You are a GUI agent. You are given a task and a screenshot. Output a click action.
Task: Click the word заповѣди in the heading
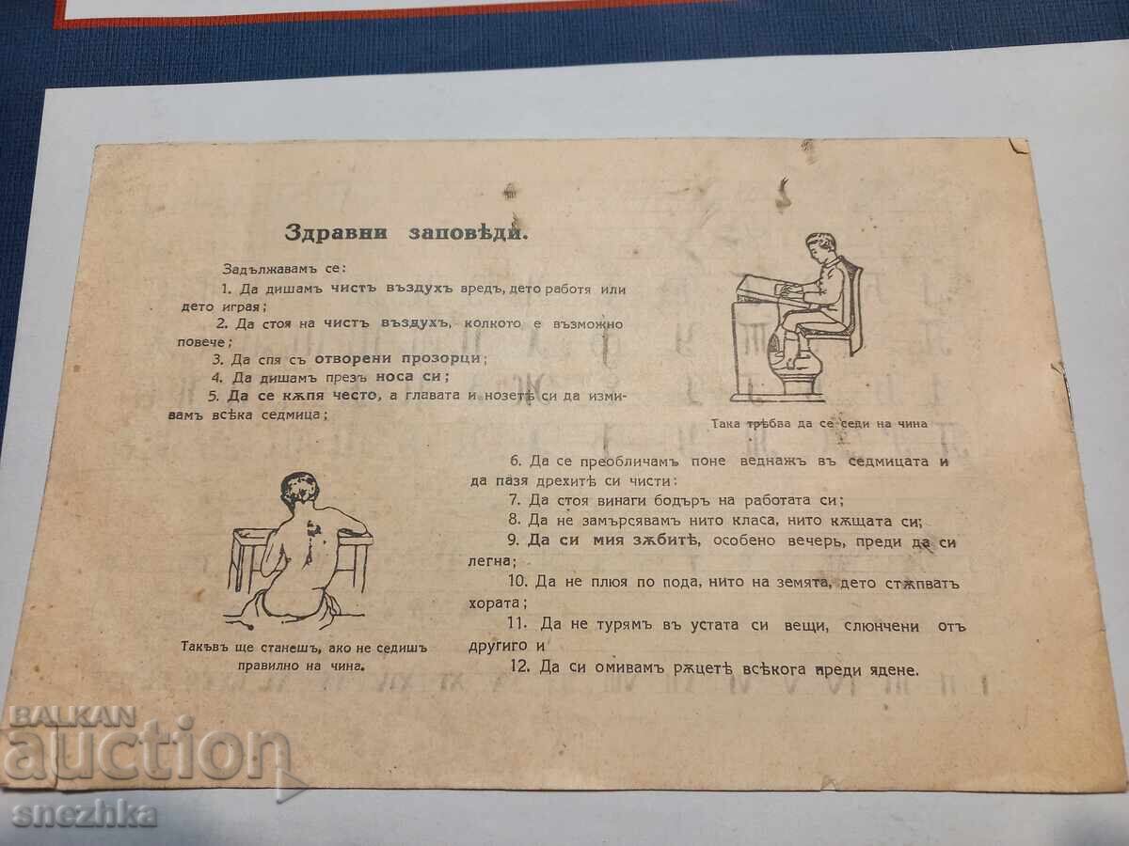click(x=468, y=233)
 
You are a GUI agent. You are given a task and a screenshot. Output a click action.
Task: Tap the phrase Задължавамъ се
click(x=284, y=268)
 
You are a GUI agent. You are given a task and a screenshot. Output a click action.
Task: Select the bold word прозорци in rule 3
click(x=440, y=358)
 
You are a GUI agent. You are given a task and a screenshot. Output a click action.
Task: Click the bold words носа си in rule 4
click(x=408, y=376)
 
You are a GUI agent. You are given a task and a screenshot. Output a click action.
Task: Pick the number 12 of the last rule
click(x=519, y=667)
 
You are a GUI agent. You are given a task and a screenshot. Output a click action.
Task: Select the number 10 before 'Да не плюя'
click(x=518, y=581)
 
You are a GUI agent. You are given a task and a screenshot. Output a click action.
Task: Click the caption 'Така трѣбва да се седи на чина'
click(x=819, y=423)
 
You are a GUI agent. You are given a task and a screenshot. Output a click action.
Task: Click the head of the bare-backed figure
click(x=299, y=490)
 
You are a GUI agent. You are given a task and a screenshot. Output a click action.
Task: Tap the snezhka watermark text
click(x=85, y=815)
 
